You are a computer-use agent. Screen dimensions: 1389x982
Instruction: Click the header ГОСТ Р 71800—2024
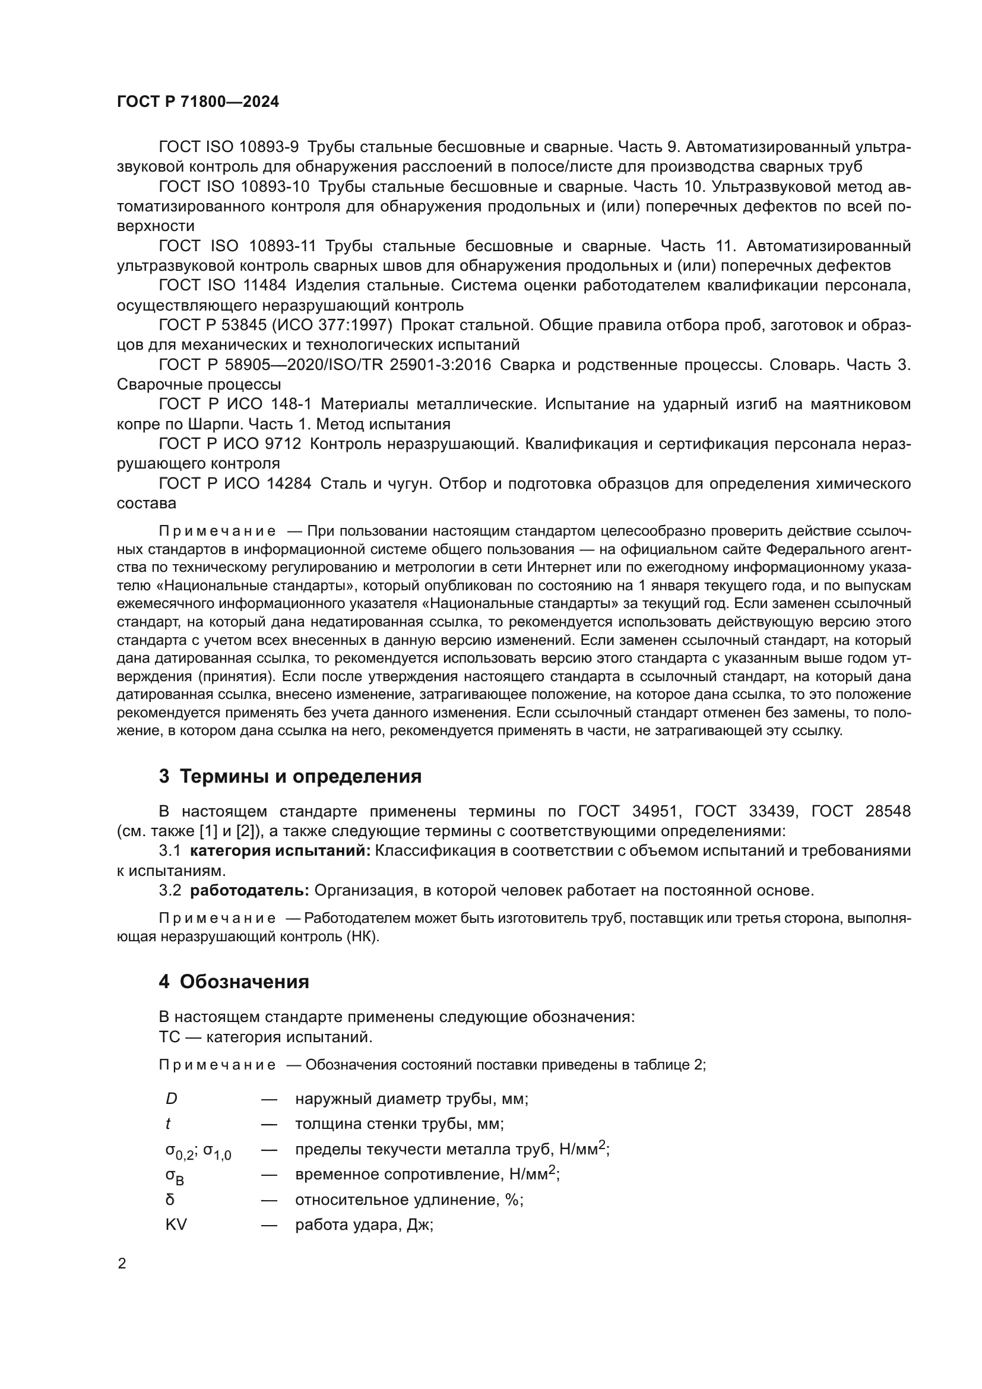point(198,102)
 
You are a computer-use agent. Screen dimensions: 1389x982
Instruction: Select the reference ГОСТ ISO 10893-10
point(234,186)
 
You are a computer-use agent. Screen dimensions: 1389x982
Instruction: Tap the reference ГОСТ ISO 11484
point(223,286)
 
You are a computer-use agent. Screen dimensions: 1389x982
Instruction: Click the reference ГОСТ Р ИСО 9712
point(230,444)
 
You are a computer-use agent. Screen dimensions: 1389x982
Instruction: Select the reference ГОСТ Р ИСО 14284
point(235,483)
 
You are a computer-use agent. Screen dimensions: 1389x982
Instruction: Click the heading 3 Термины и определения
point(290,776)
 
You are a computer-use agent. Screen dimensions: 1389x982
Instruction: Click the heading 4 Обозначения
point(234,981)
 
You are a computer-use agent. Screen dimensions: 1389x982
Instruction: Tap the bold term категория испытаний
point(280,850)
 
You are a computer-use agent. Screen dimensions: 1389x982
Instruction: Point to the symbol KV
point(176,1225)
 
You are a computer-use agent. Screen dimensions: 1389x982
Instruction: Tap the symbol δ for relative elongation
point(170,1200)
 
